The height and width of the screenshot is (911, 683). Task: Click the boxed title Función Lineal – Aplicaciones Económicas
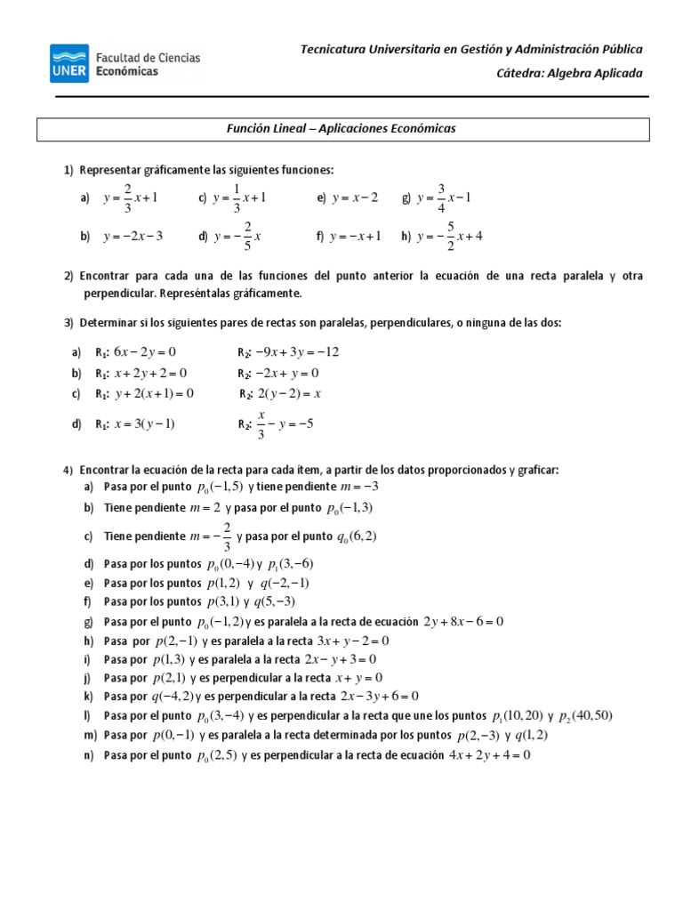[x=342, y=129]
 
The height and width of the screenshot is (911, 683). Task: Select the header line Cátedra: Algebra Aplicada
[x=569, y=73]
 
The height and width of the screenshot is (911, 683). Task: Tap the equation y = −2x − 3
[x=133, y=237]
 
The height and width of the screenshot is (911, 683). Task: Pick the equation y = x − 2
[x=355, y=198]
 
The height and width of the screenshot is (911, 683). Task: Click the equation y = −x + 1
[x=355, y=237]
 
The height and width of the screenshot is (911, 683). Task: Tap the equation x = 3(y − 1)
[x=145, y=423]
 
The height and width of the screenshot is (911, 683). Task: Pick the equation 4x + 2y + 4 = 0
[x=490, y=755]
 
